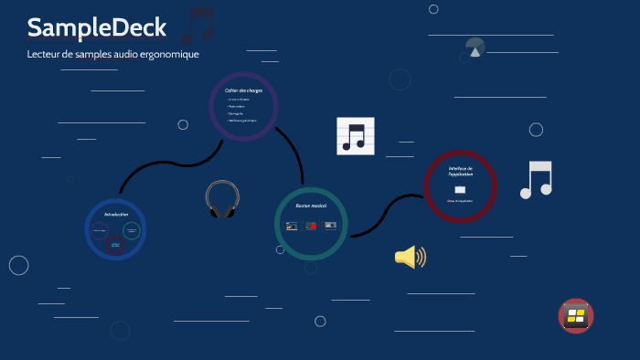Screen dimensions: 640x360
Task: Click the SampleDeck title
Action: click(x=97, y=28)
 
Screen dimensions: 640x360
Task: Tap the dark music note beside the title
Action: click(x=197, y=26)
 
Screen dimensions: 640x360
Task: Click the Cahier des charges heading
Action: click(x=243, y=90)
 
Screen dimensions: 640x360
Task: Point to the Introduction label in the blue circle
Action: click(x=116, y=214)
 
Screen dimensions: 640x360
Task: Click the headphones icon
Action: click(x=221, y=199)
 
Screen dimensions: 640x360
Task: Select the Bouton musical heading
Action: click(x=311, y=206)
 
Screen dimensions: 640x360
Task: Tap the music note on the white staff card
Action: click(x=355, y=136)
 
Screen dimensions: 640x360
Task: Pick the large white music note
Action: click(x=537, y=180)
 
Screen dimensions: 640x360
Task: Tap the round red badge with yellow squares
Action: click(x=576, y=316)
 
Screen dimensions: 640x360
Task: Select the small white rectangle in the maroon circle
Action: click(x=460, y=189)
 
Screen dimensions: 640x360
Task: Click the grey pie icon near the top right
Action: click(x=475, y=48)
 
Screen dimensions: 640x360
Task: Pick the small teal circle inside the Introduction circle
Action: click(x=132, y=231)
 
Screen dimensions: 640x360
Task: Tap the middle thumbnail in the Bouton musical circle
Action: click(x=311, y=225)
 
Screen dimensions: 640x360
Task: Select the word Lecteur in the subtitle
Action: click(x=45, y=54)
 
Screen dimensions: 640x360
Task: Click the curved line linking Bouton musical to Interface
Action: click(x=389, y=211)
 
